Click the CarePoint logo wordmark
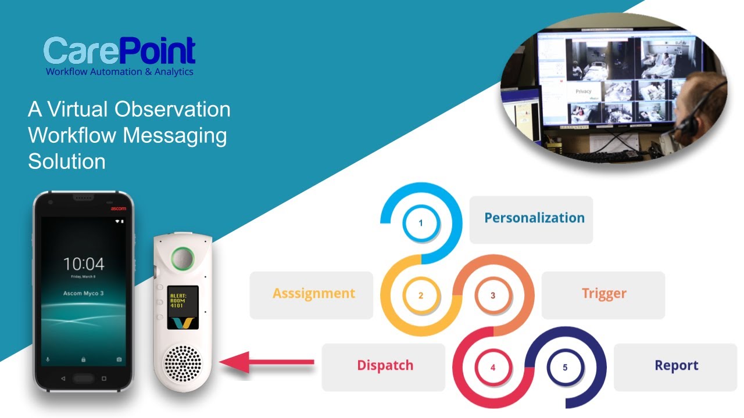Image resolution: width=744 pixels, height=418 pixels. click(x=119, y=51)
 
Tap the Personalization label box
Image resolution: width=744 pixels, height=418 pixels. click(x=531, y=219)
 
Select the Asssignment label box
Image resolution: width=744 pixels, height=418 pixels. click(x=312, y=294)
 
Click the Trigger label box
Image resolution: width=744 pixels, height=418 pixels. click(x=603, y=294)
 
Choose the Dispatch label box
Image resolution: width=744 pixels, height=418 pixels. click(x=384, y=366)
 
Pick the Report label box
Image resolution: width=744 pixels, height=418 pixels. click(x=675, y=366)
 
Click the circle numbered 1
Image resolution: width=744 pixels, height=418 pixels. click(x=421, y=223)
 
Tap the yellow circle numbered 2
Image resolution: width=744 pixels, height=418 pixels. click(x=421, y=295)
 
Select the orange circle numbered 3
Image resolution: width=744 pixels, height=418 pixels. click(x=493, y=295)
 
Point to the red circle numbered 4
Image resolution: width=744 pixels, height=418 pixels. click(x=493, y=367)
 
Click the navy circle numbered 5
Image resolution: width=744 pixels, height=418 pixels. click(x=565, y=367)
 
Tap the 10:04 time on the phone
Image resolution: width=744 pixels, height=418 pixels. click(x=84, y=264)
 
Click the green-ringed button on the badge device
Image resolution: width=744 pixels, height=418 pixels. click(x=183, y=258)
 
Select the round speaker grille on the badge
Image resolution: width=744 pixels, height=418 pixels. click(x=183, y=363)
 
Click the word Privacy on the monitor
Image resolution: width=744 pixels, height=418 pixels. click(x=583, y=92)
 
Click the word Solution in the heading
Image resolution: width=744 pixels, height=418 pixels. click(x=67, y=161)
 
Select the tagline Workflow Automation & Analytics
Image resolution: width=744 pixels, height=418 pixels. click(x=119, y=72)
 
